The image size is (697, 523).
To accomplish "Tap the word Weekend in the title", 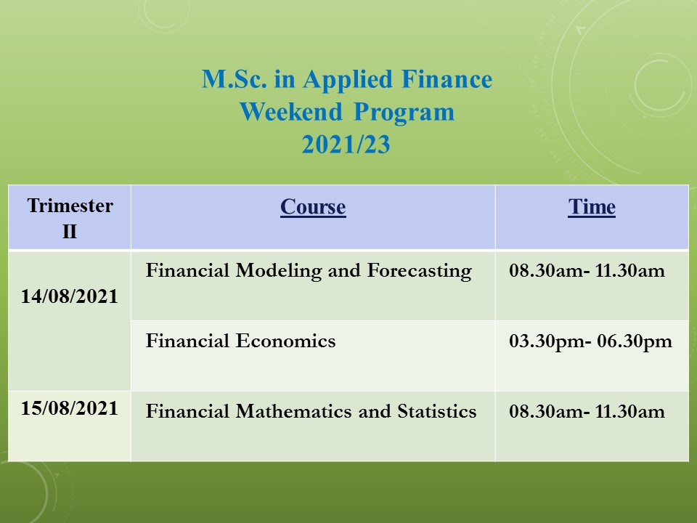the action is click(291, 112).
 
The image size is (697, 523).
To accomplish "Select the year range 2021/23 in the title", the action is click(346, 144).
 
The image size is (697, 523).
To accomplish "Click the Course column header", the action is click(313, 207).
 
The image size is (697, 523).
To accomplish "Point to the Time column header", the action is click(592, 206).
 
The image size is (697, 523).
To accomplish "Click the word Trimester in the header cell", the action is click(70, 206).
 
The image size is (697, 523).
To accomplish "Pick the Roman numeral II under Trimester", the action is click(70, 232).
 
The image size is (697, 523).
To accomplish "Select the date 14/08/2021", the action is click(70, 296).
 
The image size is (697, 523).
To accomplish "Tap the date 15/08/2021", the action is click(70, 408).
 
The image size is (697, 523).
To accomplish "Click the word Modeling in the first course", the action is click(279, 271).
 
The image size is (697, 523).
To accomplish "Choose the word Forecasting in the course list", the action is click(419, 271).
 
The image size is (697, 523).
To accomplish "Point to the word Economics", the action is click(285, 341).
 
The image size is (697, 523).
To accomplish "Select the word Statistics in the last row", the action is click(437, 411).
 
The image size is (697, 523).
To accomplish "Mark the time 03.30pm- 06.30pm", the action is click(590, 341).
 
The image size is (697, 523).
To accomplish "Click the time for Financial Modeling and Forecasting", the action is click(587, 271).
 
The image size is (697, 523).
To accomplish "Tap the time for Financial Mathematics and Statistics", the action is click(587, 412).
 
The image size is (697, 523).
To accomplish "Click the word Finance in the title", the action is click(447, 79).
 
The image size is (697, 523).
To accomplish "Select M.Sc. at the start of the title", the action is click(235, 79).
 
